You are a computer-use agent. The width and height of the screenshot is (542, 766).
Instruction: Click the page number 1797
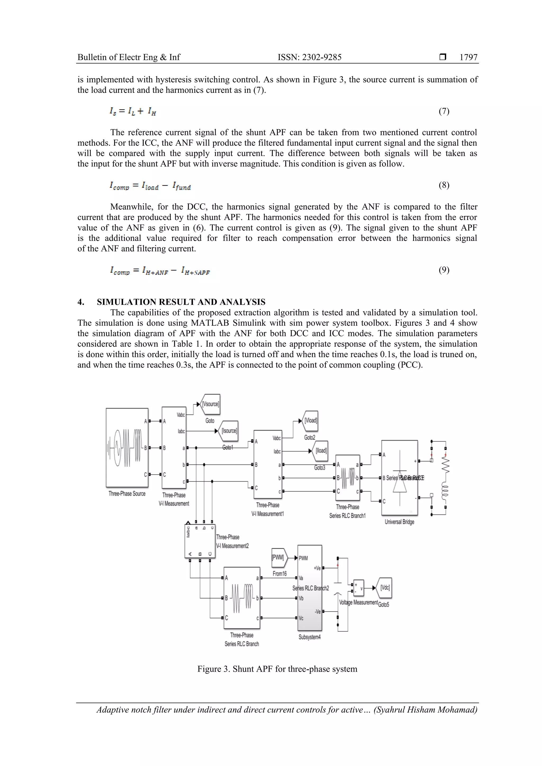(x=468, y=57)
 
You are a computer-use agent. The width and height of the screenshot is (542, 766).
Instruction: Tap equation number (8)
(x=444, y=185)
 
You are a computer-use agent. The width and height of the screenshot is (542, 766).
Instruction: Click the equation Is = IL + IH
(x=133, y=111)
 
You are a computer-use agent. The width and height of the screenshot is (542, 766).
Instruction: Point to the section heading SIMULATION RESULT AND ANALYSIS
(x=181, y=302)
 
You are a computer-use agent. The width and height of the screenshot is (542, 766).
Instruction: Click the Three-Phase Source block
(x=127, y=447)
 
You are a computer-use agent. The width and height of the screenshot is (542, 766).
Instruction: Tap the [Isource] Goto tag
(x=229, y=431)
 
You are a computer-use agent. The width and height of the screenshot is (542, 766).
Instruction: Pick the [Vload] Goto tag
(x=310, y=421)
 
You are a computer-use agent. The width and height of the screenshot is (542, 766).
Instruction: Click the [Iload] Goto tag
(x=320, y=451)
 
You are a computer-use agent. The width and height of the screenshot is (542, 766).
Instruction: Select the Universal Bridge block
(x=399, y=478)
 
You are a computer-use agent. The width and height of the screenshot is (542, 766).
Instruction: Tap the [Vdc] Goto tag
(x=384, y=588)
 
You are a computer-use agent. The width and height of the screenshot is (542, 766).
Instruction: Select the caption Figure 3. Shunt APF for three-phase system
(x=277, y=669)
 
